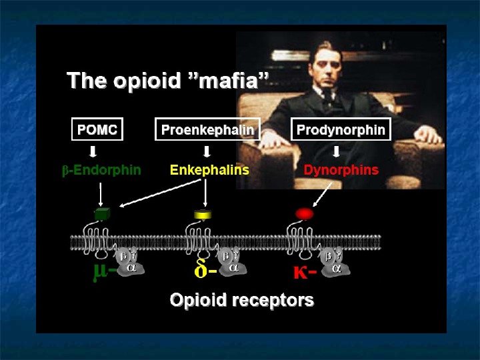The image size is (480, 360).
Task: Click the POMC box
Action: pyautogui.click(x=97, y=129)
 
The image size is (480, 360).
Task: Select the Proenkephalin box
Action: pyautogui.click(x=207, y=129)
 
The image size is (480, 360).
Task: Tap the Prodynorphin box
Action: pyautogui.click(x=341, y=129)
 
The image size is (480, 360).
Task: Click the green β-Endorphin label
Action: pyautogui.click(x=101, y=169)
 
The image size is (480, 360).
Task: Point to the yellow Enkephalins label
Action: pyautogui.click(x=209, y=169)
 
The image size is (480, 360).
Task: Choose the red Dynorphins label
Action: pyautogui.click(x=341, y=169)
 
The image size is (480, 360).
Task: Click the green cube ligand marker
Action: pyautogui.click(x=102, y=214)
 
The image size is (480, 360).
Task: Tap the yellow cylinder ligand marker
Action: pyautogui.click(x=202, y=215)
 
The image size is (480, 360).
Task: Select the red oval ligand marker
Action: pyautogui.click(x=303, y=214)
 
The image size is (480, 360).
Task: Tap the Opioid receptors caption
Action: pyautogui.click(x=242, y=300)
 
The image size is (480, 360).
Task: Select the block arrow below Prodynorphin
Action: pyautogui.click(x=337, y=151)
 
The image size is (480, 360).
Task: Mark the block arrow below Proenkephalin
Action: pyautogui.click(x=207, y=151)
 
